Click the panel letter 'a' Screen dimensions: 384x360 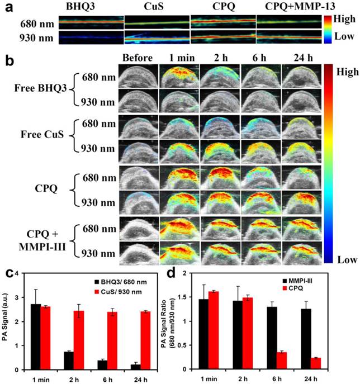point(8,7)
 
